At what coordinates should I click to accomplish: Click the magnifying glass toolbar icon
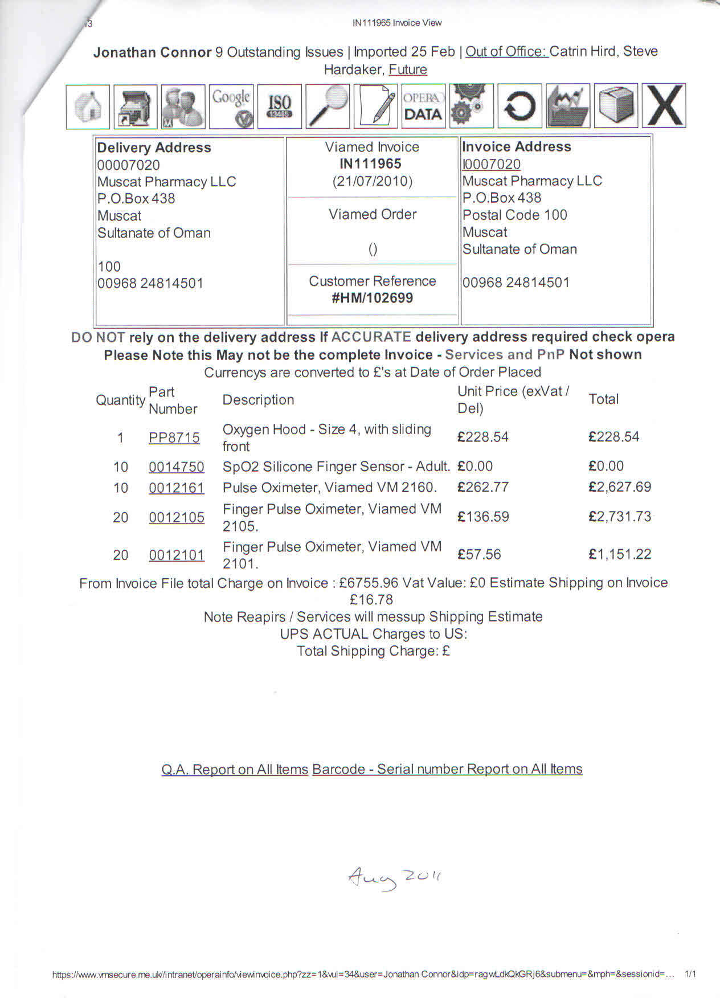[x=328, y=106]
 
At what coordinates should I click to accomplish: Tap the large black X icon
[x=664, y=106]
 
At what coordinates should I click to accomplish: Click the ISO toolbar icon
[x=279, y=106]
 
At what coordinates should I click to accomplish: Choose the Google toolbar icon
[x=231, y=106]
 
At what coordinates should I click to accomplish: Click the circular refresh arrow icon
[x=519, y=106]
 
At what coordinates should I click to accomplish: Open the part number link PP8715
[x=174, y=437]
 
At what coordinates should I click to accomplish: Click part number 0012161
[x=177, y=488]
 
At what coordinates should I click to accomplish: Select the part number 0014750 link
[x=177, y=467]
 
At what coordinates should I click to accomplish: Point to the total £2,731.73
[x=620, y=517]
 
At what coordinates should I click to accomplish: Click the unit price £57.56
[x=479, y=554]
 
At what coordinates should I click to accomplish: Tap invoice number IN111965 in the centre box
[x=370, y=164]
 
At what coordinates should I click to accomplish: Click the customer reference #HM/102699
[x=373, y=298]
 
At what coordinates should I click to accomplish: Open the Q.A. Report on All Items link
[x=235, y=769]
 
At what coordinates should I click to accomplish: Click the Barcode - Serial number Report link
[x=447, y=769]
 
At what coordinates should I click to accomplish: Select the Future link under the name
[x=408, y=69]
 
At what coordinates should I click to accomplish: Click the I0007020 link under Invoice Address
[x=492, y=164]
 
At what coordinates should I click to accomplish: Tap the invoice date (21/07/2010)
[x=373, y=182]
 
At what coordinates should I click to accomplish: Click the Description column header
[x=258, y=400]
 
